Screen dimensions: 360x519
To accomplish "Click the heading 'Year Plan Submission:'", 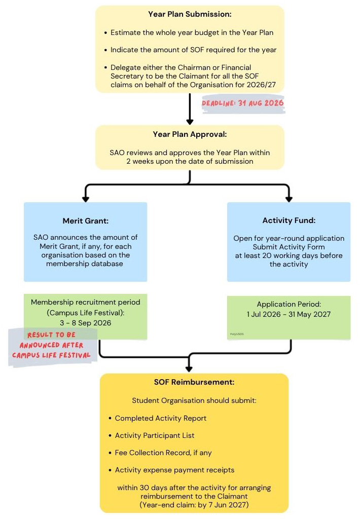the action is click(x=190, y=14).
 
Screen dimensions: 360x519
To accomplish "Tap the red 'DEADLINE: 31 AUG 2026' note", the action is click(x=243, y=103).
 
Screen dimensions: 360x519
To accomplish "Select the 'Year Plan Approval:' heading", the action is click(x=190, y=134).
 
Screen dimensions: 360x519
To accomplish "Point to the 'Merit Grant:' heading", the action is click(x=86, y=221).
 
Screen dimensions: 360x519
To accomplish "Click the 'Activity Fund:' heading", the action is click(x=289, y=220).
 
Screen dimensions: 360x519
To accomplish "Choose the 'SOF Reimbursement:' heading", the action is click(x=194, y=382).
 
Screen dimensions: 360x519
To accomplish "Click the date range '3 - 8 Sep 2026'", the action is click(x=86, y=323).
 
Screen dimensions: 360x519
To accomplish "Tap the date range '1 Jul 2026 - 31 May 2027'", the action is click(x=289, y=314).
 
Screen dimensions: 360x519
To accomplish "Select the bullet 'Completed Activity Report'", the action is click(x=160, y=418).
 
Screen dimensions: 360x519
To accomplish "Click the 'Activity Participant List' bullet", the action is click(x=154, y=435).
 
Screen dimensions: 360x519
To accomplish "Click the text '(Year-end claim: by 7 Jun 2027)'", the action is click(x=194, y=505).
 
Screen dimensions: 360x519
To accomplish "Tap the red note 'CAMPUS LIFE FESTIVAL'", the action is click(x=51, y=355).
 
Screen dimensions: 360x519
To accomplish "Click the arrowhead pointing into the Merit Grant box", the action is click(x=86, y=199).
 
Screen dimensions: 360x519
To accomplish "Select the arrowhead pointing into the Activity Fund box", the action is click(x=289, y=199).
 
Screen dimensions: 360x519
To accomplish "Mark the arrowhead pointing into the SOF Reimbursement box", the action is click(x=189, y=369).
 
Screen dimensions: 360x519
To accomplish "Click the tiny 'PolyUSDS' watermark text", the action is click(x=237, y=334).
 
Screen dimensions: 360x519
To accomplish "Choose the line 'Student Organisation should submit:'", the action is click(x=194, y=400).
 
